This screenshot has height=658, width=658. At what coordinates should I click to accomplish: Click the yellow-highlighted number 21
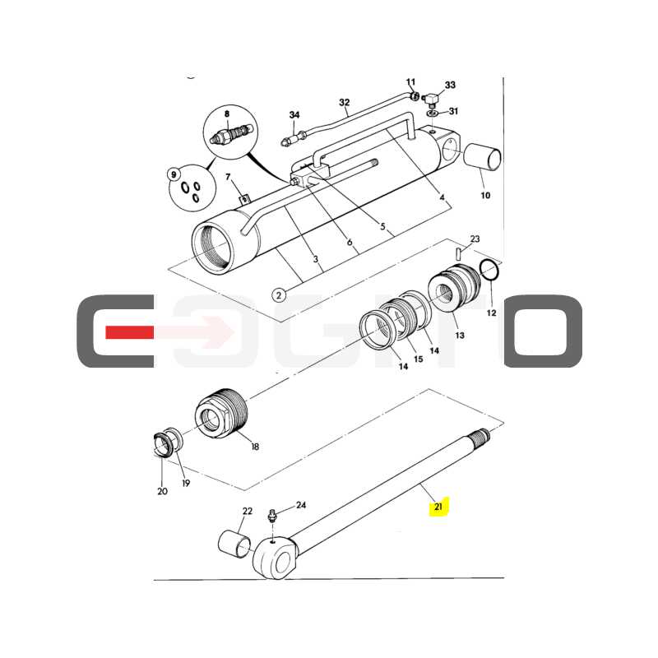coord(438,507)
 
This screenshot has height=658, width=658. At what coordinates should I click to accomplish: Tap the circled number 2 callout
coord(279,295)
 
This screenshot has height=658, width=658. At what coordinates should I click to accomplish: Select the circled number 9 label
coord(173,174)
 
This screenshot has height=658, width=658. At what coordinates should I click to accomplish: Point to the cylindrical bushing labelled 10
coord(483,157)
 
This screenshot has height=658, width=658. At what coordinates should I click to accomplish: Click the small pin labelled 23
coord(458,253)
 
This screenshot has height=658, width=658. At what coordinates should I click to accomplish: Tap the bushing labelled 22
coord(236,544)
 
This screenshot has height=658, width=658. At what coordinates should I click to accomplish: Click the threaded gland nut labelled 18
coord(222,414)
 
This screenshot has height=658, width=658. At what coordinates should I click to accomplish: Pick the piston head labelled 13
coord(454,287)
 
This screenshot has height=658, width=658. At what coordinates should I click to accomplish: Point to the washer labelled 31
coord(431,114)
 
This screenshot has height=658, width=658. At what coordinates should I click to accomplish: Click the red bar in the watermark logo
coord(129,332)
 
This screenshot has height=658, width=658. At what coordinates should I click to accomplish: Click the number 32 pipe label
coord(344,102)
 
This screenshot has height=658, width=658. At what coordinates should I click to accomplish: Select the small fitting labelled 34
coord(294,137)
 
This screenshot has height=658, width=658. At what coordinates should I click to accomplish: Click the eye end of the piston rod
coord(275,558)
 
